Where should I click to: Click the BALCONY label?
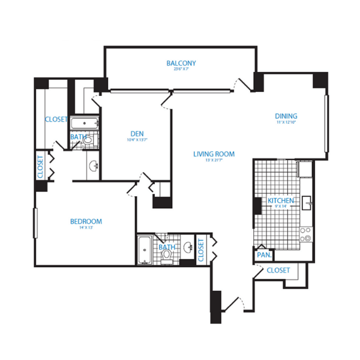(181, 63)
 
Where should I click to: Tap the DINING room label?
(286, 116)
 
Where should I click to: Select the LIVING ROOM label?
(214, 154)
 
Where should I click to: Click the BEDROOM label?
(86, 221)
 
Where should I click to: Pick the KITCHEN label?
(280, 200)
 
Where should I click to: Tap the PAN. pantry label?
(263, 255)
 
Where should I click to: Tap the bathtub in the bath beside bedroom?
(144, 250)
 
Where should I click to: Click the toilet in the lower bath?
(167, 256)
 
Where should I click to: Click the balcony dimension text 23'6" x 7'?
(181, 70)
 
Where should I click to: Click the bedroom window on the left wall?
(36, 222)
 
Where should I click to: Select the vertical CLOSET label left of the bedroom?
(40, 167)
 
